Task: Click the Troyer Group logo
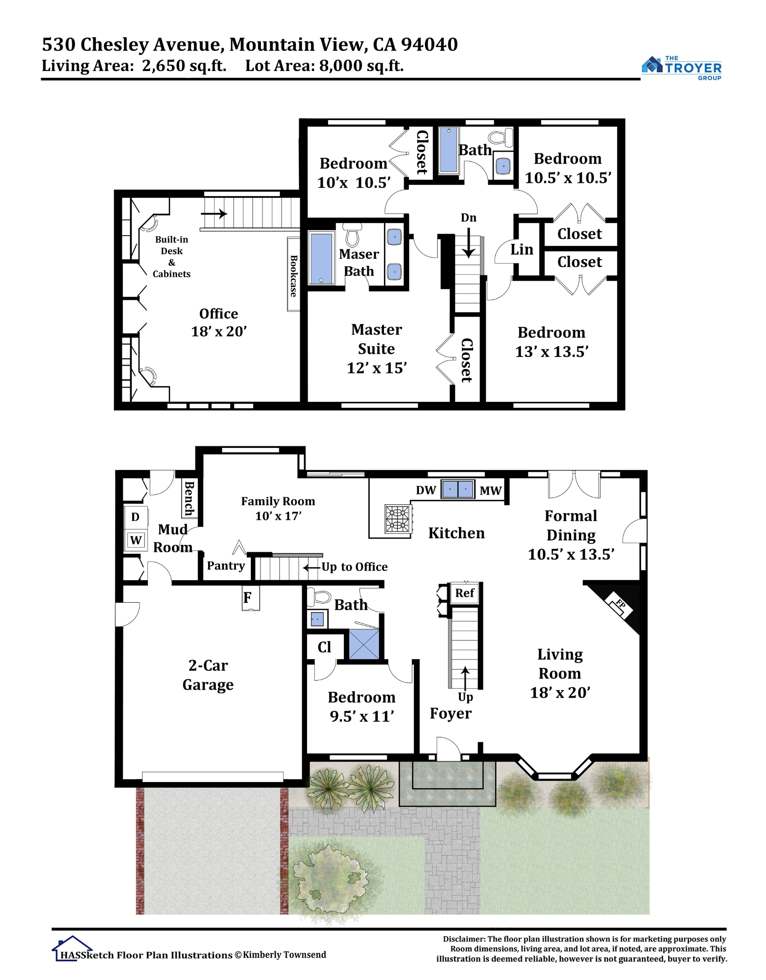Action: [x=681, y=68]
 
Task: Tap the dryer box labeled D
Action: [x=136, y=517]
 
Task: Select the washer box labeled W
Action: [x=136, y=540]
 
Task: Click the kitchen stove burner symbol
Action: [x=398, y=519]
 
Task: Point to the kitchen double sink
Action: [x=457, y=489]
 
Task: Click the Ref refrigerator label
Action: [x=464, y=593]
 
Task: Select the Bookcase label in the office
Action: [x=293, y=275]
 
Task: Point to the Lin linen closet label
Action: [x=522, y=249]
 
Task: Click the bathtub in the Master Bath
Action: [x=321, y=258]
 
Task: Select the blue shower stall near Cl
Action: [x=364, y=644]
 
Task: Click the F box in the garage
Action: [x=250, y=598]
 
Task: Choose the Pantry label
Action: [x=226, y=565]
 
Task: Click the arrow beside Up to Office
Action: [x=312, y=567]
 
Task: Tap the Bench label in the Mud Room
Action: [x=189, y=498]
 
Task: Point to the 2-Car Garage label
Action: [x=208, y=675]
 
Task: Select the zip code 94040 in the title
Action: [x=430, y=45]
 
